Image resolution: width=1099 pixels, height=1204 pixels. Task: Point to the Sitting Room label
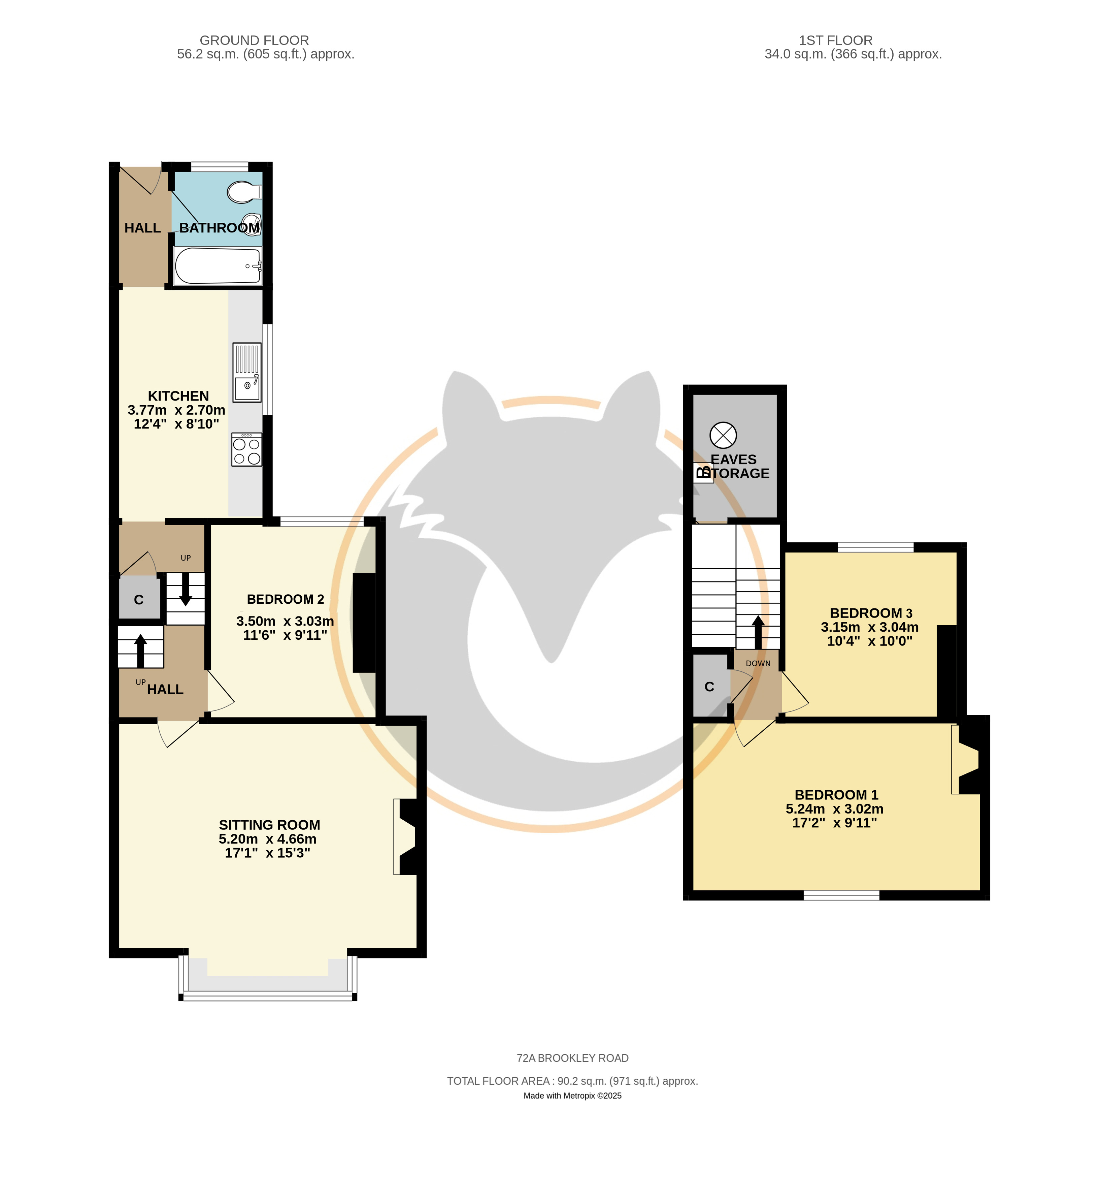269,825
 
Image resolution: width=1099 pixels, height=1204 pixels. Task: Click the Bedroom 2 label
285,599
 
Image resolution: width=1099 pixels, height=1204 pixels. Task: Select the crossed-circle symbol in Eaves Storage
723,435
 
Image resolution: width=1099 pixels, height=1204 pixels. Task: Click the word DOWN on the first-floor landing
758,664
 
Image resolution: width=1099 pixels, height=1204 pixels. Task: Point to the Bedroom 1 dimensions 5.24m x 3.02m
835,809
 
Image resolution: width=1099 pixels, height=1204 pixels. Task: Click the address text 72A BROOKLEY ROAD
572,1058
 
